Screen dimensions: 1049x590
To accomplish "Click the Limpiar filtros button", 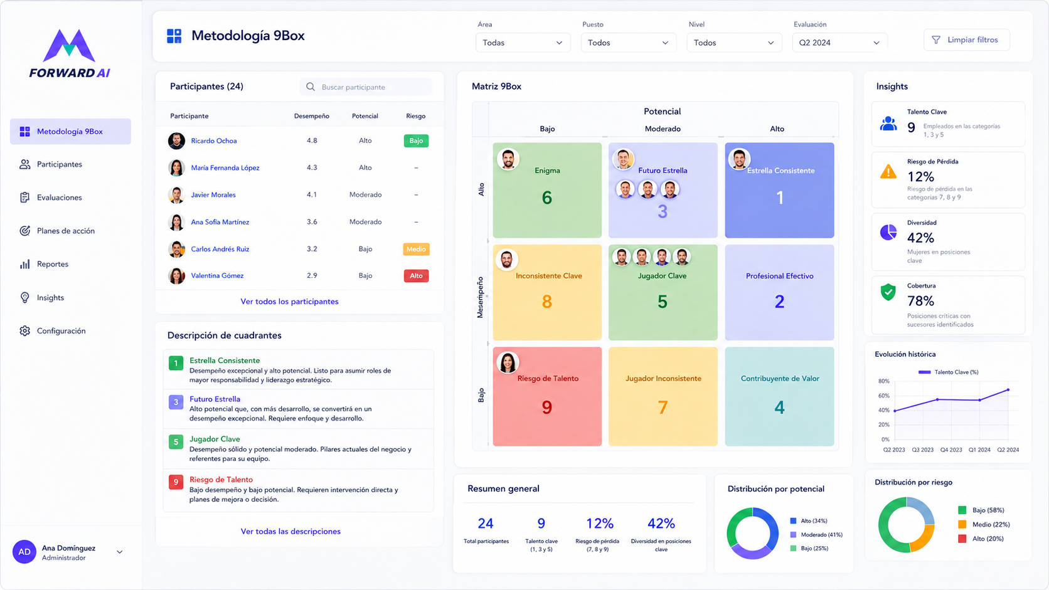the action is [x=967, y=40].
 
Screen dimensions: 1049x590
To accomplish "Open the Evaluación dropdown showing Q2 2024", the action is [x=839, y=43].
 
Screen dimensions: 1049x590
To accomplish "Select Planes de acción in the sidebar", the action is [x=65, y=231].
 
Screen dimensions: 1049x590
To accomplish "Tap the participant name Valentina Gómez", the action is [x=217, y=276].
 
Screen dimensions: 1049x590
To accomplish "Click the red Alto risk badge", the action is [x=416, y=276].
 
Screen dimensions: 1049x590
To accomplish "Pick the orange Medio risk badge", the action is [x=416, y=249].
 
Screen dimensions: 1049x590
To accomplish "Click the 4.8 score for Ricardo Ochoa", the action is [x=312, y=140].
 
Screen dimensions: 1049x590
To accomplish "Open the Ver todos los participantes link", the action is [x=289, y=302].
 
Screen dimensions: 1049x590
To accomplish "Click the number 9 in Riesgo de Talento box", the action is [x=547, y=408].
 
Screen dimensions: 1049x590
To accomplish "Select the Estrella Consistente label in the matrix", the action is [x=780, y=171].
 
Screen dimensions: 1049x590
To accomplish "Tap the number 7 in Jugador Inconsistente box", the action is [x=663, y=408].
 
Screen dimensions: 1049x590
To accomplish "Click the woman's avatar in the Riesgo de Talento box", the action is [x=508, y=362].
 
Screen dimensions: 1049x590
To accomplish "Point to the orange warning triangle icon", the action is [x=888, y=172].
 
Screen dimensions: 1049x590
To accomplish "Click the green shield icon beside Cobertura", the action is [x=888, y=292].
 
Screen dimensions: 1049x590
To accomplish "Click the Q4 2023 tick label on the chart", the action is [x=951, y=450].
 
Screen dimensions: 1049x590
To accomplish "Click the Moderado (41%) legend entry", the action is [x=816, y=534].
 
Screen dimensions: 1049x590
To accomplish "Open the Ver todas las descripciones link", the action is [x=290, y=531].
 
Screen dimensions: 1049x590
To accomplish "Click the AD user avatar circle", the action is [x=24, y=552].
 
